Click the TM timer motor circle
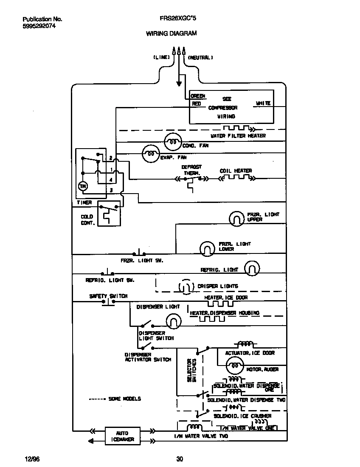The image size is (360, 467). click(83, 186)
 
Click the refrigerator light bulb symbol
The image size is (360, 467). click(251, 268)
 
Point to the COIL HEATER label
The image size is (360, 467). click(236, 171)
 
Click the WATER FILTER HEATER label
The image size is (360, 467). click(238, 135)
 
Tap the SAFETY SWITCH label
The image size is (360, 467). click(108, 296)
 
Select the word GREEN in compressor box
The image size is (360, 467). click(198, 96)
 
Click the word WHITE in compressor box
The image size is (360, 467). click(263, 103)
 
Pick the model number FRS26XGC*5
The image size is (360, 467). click(178, 19)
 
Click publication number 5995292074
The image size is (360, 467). click(39, 26)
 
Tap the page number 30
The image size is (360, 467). click(180, 459)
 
